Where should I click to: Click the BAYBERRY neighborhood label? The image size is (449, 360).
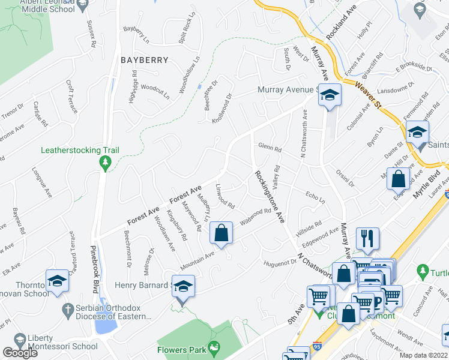[143, 59]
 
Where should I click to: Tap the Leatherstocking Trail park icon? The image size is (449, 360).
[106, 162]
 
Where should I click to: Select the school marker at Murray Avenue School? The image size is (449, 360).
[329, 96]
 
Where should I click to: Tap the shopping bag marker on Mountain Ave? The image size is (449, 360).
[221, 232]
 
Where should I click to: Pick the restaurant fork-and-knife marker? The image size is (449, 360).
[367, 238]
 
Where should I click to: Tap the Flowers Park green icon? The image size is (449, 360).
[213, 347]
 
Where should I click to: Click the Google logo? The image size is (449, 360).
[20, 353]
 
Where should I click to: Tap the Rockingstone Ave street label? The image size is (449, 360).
[269, 196]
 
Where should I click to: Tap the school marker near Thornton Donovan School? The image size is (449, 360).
[58, 280]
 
